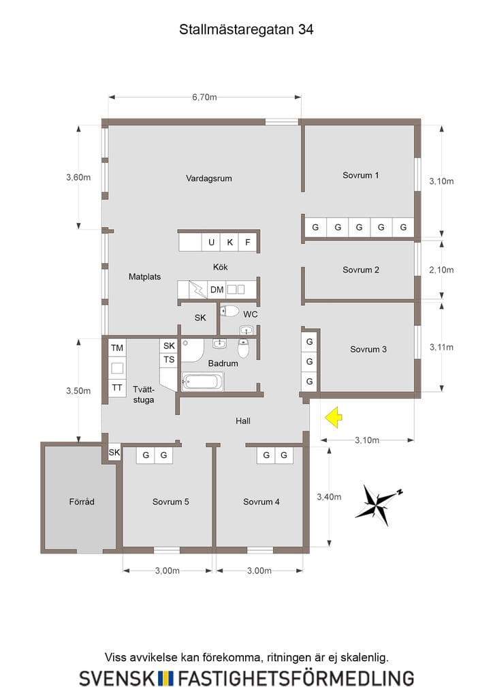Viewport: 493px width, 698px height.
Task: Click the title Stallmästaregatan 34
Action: (x=246, y=29)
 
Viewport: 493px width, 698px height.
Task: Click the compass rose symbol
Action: (x=379, y=504)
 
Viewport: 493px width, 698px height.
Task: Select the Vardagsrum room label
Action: (x=208, y=179)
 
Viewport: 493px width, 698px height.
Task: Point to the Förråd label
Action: (x=81, y=502)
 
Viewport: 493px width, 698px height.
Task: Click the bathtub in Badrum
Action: (x=202, y=382)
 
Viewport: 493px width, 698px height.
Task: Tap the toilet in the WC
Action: (x=229, y=311)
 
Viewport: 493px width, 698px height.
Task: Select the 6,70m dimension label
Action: (x=204, y=97)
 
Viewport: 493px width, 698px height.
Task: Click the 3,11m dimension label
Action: (x=441, y=347)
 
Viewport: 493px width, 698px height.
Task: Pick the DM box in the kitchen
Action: (x=217, y=290)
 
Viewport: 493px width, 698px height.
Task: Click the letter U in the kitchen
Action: (x=211, y=242)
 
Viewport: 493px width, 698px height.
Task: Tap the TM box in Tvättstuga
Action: (x=117, y=348)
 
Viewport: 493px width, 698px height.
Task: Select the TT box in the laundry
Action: (x=117, y=388)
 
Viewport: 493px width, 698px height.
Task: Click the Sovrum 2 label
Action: (x=360, y=270)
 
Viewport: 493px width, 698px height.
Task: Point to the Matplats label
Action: (x=144, y=277)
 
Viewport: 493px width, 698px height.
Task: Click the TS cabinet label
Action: (x=169, y=360)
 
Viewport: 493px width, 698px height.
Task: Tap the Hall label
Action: (x=242, y=421)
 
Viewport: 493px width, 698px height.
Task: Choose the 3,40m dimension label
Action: (x=329, y=497)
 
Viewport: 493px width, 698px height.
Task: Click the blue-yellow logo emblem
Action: (x=165, y=678)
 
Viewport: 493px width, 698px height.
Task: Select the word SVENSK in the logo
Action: (x=117, y=678)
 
